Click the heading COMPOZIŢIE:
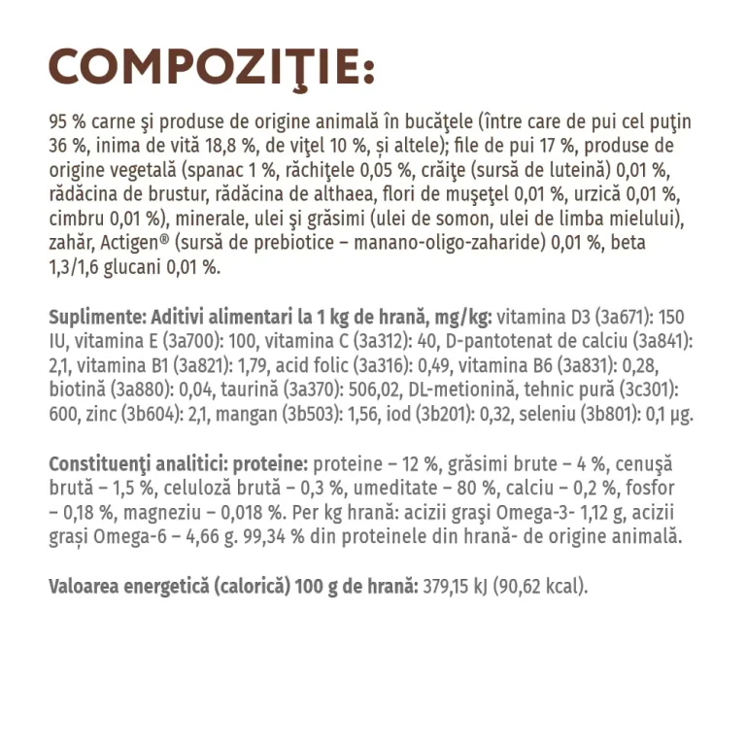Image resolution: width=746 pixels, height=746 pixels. point(211,67)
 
